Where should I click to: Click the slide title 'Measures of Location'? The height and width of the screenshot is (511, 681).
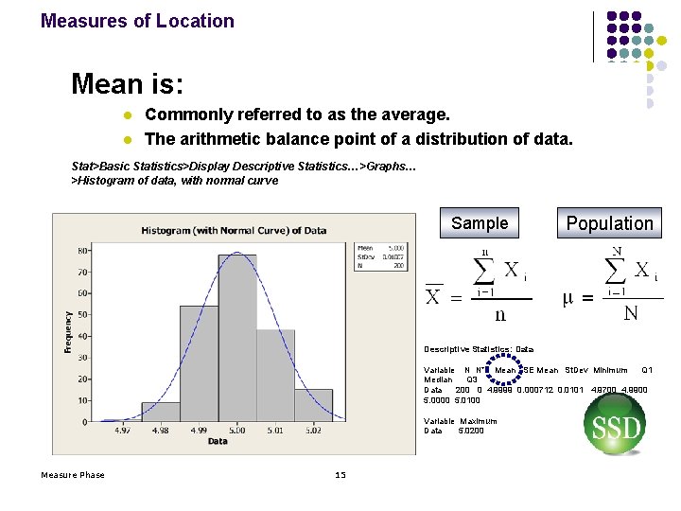coord(137,21)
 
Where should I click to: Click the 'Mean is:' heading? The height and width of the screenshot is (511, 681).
coord(127,85)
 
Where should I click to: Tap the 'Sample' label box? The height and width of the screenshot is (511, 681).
coord(480,223)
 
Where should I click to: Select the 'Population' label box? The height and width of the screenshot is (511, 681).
coord(609,224)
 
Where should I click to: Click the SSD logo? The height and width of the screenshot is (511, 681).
coord(617,427)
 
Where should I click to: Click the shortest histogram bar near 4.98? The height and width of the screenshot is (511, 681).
coord(161,412)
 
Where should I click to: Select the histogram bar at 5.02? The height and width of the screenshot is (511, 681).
coord(313,405)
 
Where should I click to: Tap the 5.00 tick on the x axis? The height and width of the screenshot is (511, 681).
coord(236,431)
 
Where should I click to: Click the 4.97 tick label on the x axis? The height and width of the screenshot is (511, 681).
coord(123,431)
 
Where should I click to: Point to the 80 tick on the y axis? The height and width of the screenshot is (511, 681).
coord(84,251)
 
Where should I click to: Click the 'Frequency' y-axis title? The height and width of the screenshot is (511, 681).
coord(68,332)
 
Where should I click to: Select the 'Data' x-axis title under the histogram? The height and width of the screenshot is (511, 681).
coord(218,441)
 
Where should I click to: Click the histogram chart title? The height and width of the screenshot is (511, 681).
coord(234,230)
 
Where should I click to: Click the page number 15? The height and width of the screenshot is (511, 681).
coord(340,475)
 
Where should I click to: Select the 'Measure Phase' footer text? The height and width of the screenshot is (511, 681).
coord(73,475)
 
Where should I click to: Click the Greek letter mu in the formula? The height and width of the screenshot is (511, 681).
coord(567,299)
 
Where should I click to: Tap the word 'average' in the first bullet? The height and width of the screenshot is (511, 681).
coord(412,115)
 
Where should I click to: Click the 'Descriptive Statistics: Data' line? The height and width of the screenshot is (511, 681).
coord(479,349)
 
